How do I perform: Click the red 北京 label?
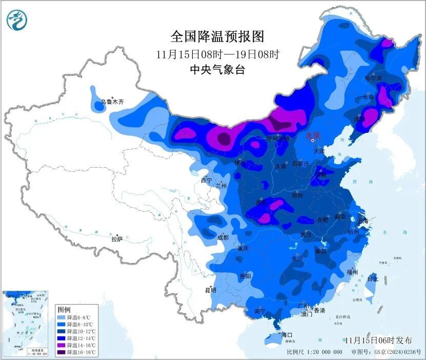tap(313, 135)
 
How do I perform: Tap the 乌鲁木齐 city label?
tap(112, 102)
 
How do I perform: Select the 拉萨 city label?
tap(117, 239)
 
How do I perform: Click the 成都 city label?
tap(223, 237)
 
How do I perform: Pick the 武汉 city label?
tap(306, 234)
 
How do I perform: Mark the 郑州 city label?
tap(297, 196)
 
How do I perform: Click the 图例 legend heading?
tap(64, 310)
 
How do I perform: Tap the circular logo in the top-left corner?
tap(17, 21)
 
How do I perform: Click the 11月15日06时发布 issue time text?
tap(378, 340)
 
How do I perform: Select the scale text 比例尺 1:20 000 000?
tap(314, 352)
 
